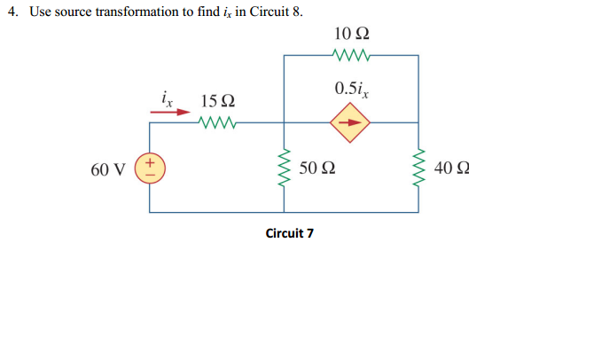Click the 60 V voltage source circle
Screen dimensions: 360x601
pos(149,168)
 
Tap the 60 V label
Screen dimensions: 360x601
pos(107,168)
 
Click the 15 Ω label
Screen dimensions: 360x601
pos(218,101)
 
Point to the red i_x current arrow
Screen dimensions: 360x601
pos(169,113)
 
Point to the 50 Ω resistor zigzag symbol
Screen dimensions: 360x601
pos(284,168)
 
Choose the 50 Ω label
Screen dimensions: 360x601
pos(316,168)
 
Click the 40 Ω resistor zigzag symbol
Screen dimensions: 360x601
pos(418,168)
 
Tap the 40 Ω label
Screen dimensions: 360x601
pos(452,168)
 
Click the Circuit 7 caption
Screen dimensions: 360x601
pos(289,233)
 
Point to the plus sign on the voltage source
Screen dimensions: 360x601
pos(149,162)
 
